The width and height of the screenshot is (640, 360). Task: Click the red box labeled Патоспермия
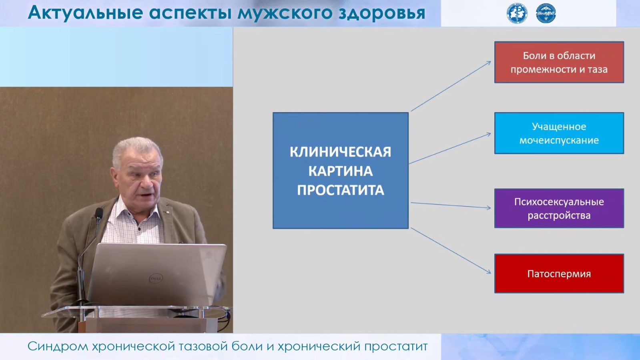(x=559, y=274)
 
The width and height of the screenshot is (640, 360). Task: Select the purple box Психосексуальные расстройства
(x=559, y=208)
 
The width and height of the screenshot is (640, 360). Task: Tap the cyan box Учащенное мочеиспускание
(x=559, y=133)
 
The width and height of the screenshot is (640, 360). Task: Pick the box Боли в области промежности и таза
(x=559, y=62)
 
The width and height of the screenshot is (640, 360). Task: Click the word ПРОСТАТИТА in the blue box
(x=341, y=190)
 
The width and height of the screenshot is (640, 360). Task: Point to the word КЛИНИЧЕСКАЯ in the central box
(x=341, y=152)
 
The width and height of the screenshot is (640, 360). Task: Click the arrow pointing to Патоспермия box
(x=451, y=251)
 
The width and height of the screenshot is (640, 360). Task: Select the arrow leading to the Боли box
(x=451, y=86)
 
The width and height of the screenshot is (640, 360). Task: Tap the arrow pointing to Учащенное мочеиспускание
(x=450, y=149)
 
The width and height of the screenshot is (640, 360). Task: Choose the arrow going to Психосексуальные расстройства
(x=451, y=205)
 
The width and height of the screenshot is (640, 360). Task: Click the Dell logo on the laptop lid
(x=156, y=278)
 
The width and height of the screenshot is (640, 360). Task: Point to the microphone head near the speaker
(x=99, y=214)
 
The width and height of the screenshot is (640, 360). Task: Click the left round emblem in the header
(x=517, y=13)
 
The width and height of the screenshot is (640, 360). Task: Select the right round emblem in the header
(x=546, y=13)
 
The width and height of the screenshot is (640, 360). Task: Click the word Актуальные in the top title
(x=85, y=13)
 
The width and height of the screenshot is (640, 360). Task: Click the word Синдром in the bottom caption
(x=58, y=346)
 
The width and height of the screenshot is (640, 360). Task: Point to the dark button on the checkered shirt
(x=139, y=229)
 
